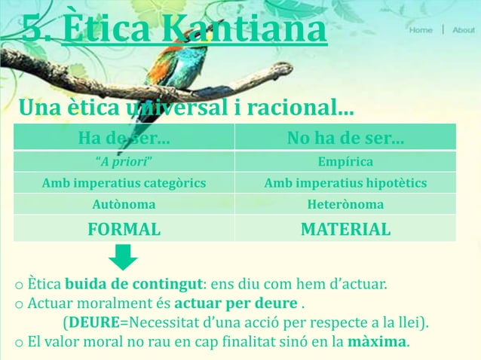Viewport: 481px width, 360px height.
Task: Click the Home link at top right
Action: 421,30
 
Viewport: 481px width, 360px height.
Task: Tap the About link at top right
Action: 464,30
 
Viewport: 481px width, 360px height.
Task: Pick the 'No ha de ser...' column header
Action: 345,139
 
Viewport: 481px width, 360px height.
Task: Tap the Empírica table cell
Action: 345,162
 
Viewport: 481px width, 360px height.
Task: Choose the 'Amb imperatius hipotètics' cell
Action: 345,183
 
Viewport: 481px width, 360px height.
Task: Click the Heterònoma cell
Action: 345,204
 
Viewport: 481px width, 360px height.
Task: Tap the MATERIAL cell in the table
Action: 345,229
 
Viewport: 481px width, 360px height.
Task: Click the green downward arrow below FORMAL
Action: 122,256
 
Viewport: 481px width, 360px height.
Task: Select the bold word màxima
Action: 377,343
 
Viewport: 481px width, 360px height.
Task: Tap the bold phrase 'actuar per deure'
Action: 235,305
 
